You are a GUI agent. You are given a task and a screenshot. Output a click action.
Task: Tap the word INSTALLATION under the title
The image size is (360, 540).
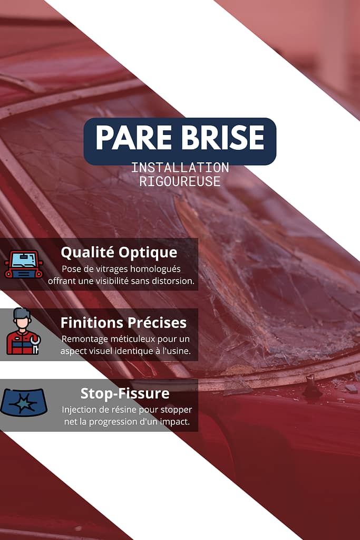pyautogui.click(x=180, y=168)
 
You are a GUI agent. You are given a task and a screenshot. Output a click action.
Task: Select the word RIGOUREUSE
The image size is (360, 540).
pyautogui.click(x=180, y=181)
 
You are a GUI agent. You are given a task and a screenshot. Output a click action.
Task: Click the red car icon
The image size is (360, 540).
pyautogui.click(x=24, y=264)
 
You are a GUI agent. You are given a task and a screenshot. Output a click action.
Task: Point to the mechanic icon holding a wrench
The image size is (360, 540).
pyautogui.click(x=23, y=332)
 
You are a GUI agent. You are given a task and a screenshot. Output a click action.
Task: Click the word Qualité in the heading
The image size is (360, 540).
pyautogui.click(x=87, y=252)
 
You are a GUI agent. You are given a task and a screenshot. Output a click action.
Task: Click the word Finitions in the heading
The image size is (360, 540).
pyautogui.click(x=91, y=322)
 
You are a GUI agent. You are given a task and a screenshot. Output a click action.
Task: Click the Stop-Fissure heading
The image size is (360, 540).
pyautogui.click(x=124, y=393)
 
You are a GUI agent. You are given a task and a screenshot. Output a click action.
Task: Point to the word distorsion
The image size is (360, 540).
pyautogui.click(x=173, y=281)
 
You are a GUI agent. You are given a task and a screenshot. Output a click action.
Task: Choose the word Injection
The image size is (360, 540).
pyautogui.click(x=80, y=410)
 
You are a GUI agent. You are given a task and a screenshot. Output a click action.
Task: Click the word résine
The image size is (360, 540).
pyautogui.click(x=123, y=410)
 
